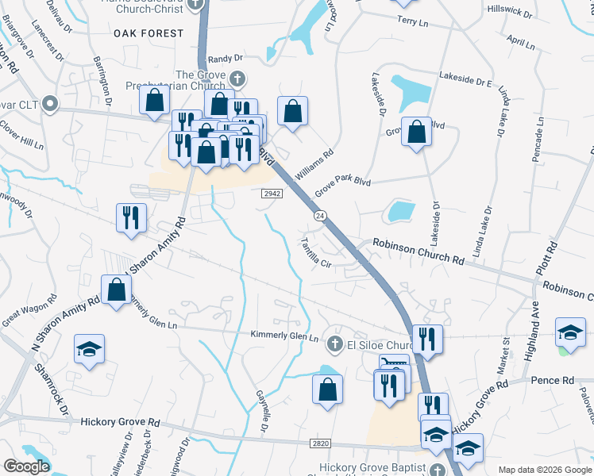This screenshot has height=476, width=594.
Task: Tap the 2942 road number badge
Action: (271, 193)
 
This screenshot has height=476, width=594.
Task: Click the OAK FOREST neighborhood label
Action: (148, 33)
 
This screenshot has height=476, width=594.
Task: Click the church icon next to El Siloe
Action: (335, 343)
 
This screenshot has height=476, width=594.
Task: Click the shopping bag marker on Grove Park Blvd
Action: (416, 131)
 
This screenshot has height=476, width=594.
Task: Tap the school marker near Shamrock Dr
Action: (89, 349)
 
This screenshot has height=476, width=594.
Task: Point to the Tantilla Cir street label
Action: (314, 253)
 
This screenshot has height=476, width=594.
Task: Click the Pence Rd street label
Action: (555, 381)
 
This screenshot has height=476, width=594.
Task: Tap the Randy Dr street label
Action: (225, 59)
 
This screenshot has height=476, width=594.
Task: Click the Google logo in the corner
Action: (26, 466)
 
